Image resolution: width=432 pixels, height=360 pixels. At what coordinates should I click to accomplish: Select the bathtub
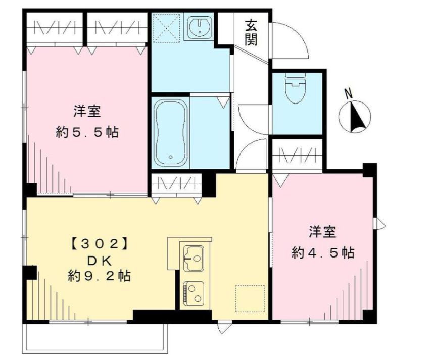point(171,133)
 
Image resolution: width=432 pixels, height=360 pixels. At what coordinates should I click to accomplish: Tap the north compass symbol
point(355,117)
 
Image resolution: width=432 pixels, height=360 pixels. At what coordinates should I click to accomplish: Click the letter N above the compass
point(349,93)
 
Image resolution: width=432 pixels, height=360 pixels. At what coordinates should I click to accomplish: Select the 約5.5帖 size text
point(87,132)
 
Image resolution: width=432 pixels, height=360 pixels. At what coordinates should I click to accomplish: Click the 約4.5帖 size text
point(323,252)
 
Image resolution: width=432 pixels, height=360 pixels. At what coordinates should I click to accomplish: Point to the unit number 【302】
point(100,243)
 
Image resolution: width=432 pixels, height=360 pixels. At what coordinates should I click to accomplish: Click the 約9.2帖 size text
point(99,276)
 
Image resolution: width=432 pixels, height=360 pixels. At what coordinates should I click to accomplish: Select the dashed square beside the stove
point(250,298)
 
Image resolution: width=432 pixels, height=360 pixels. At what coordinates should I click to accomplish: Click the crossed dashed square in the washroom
point(166,28)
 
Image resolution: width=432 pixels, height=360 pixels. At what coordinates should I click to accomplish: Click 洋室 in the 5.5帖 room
point(87,111)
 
